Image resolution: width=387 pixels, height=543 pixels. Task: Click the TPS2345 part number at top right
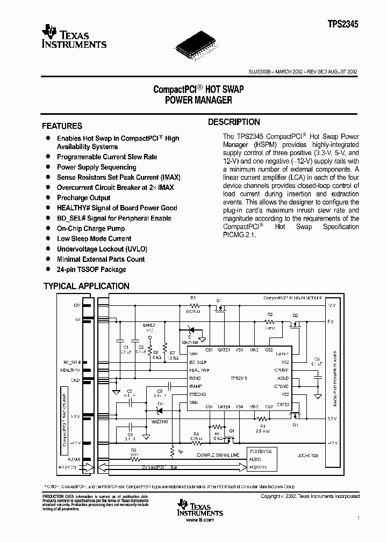343,24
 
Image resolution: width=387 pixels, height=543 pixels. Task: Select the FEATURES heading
62,126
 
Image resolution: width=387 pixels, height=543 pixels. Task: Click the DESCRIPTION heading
234,122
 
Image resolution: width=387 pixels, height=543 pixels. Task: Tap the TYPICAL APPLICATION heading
86,286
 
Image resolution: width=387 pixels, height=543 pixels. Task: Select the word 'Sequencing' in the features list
119,167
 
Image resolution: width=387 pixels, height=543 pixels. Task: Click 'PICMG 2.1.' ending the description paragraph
241,236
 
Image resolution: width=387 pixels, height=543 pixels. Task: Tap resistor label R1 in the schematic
193,297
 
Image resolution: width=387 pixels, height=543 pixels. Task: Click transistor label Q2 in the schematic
295,315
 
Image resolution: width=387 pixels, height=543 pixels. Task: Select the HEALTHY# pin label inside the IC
199,370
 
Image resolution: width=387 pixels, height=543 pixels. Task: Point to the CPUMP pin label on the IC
282,370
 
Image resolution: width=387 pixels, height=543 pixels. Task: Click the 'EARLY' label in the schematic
149,325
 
